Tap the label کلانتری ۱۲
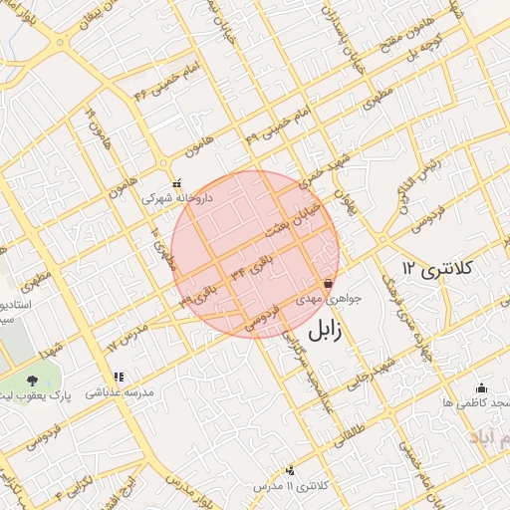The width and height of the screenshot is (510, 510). [x=438, y=268]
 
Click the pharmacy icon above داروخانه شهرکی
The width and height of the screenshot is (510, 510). [x=177, y=183]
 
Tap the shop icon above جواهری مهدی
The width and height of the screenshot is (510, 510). [x=328, y=284]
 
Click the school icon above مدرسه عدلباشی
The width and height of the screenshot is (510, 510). [x=119, y=378]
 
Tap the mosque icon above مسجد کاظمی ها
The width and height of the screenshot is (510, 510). [x=482, y=387]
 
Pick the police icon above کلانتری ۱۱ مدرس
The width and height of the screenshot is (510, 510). [x=290, y=469]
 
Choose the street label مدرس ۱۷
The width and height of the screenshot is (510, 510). [x=127, y=335]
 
